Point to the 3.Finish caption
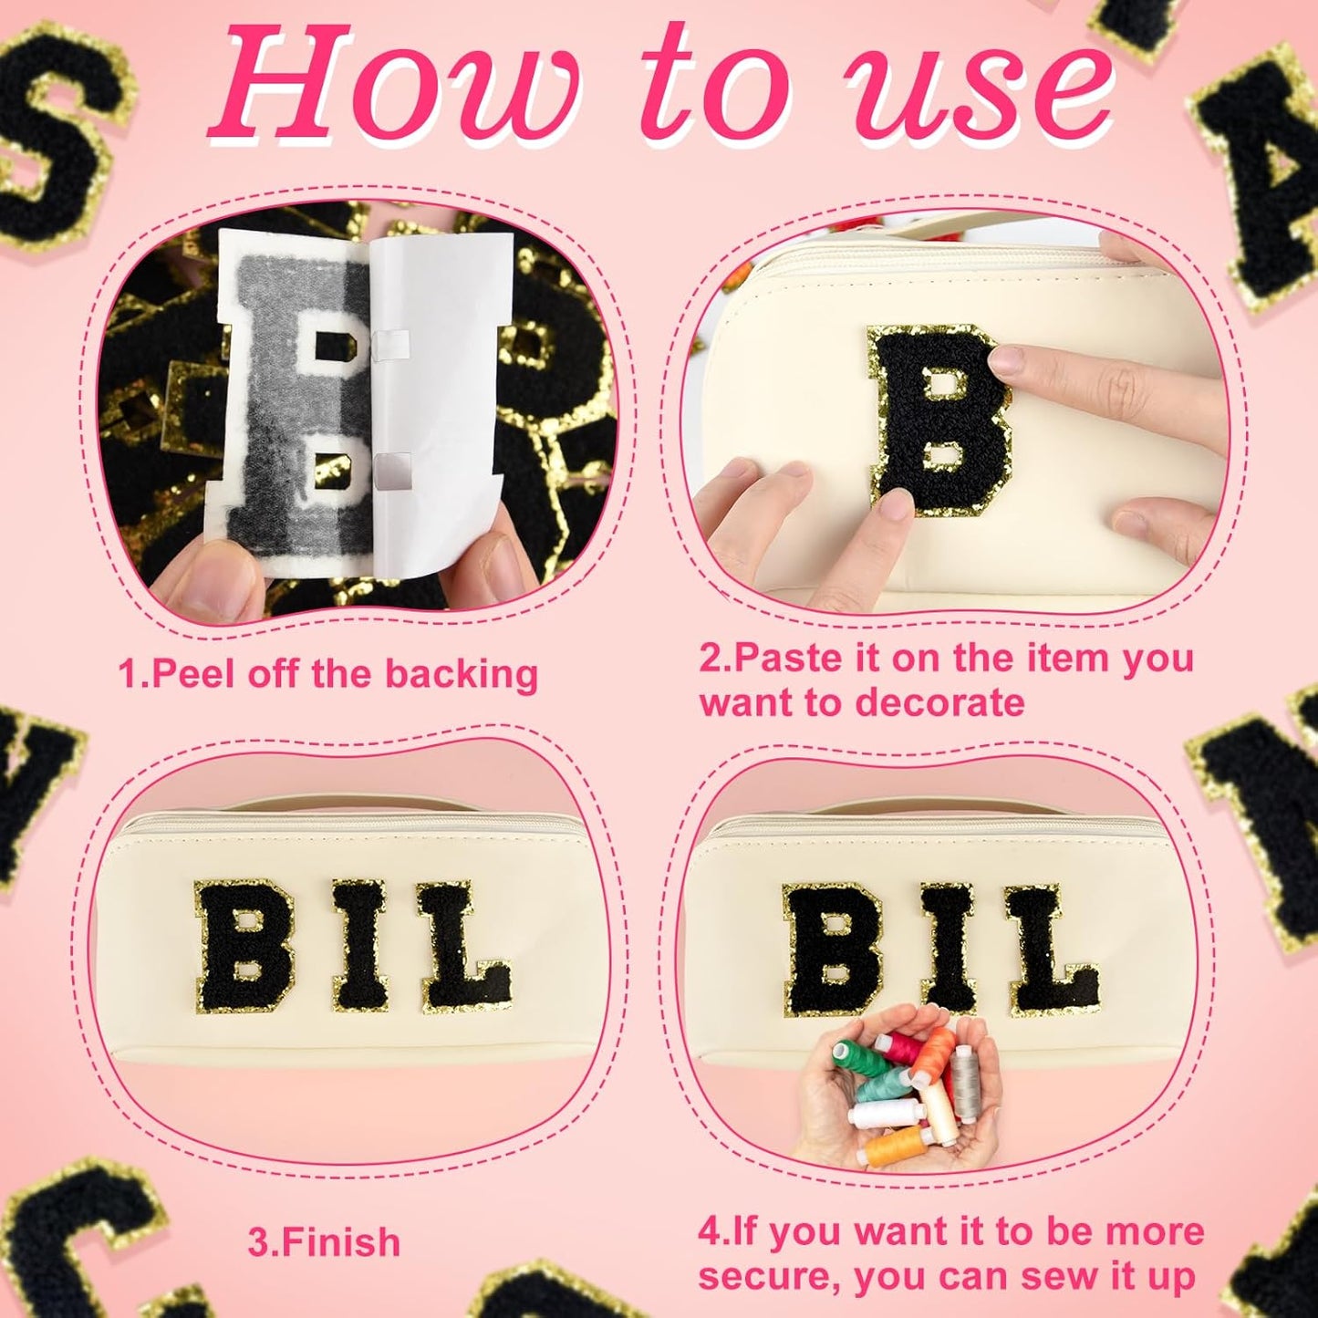pos(324,1242)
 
